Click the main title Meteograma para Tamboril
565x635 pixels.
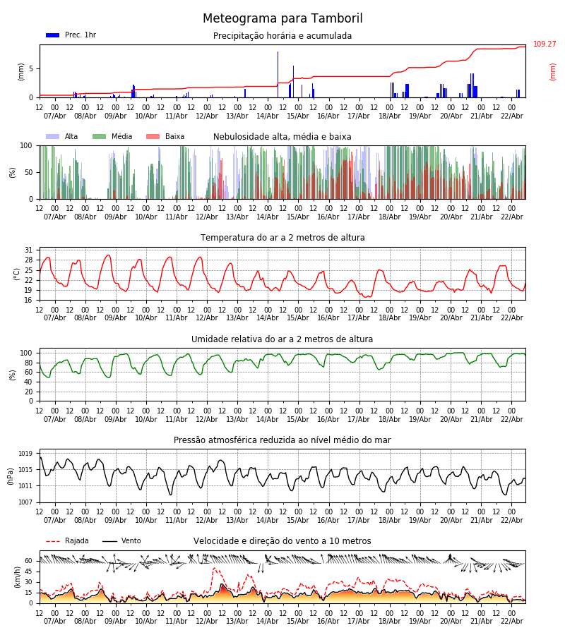coord(282,19)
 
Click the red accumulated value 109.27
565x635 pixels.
coord(545,44)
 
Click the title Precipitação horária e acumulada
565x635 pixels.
coord(282,36)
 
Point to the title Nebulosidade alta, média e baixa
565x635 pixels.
coord(282,137)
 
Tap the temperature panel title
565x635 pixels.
coord(282,238)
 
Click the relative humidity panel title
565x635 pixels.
coord(282,339)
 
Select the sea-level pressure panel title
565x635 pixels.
coord(282,440)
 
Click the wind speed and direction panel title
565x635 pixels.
coord(282,541)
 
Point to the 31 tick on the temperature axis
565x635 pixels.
coord(29,250)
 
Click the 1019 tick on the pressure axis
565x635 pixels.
coord(26,454)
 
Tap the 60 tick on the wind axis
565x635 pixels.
coord(29,561)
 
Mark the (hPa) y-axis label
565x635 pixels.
coord(11,476)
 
